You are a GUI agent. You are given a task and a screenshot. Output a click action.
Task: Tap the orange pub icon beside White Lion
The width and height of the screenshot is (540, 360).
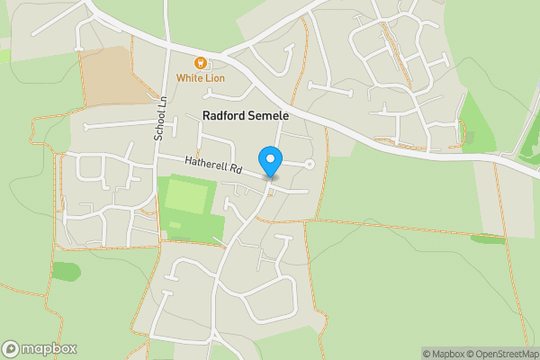(x=201, y=63)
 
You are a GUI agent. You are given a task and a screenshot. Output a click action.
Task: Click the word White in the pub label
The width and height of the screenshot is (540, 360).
(x=188, y=78)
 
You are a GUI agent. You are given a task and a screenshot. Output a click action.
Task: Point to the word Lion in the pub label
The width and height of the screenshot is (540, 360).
(x=213, y=78)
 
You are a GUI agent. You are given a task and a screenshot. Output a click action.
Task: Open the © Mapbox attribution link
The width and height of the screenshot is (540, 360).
(x=442, y=354)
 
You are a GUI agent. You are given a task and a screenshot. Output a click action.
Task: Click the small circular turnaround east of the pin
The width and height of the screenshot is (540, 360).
(x=310, y=164)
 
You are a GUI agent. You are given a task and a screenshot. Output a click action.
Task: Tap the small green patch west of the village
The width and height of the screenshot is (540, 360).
(x=66, y=270)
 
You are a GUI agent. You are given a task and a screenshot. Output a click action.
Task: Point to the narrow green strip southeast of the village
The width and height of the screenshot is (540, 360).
(x=489, y=238)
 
